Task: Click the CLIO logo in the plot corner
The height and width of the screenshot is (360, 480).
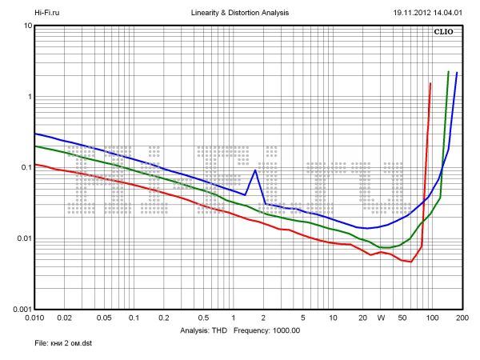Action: coord(443,33)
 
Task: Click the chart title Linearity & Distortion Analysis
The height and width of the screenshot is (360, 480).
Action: coord(241,14)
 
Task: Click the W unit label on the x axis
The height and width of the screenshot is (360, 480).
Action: coord(381,318)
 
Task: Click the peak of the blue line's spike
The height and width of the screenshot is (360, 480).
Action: coord(254,170)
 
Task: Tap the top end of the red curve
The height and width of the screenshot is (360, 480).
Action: coord(430,83)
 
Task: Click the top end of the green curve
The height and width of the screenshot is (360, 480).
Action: coord(448,71)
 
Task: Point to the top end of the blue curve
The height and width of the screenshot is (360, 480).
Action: coord(457,73)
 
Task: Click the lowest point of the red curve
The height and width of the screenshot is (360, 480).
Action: coord(410,262)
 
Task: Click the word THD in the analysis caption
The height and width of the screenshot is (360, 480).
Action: coord(218,330)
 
